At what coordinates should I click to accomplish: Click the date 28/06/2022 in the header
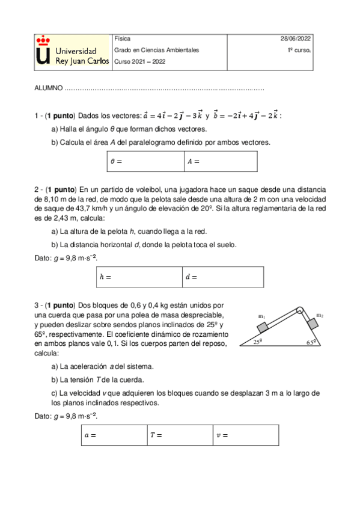pos(296,39)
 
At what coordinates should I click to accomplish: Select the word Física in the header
pos(122,39)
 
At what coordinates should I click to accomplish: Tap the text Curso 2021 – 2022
pos(139,61)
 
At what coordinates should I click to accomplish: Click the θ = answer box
pos(144,161)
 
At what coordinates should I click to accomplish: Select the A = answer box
pos(221,161)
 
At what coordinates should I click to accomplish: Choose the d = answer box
pos(222,277)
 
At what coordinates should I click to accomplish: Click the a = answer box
pos(113,435)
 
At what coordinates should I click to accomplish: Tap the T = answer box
pos(179,435)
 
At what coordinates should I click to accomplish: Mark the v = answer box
pos(245,435)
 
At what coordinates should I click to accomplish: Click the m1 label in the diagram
pos(262,316)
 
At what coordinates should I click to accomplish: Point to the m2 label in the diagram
pos(320,316)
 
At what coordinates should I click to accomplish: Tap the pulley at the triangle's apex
pos(299,311)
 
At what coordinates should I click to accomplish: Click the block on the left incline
pos(262,327)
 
